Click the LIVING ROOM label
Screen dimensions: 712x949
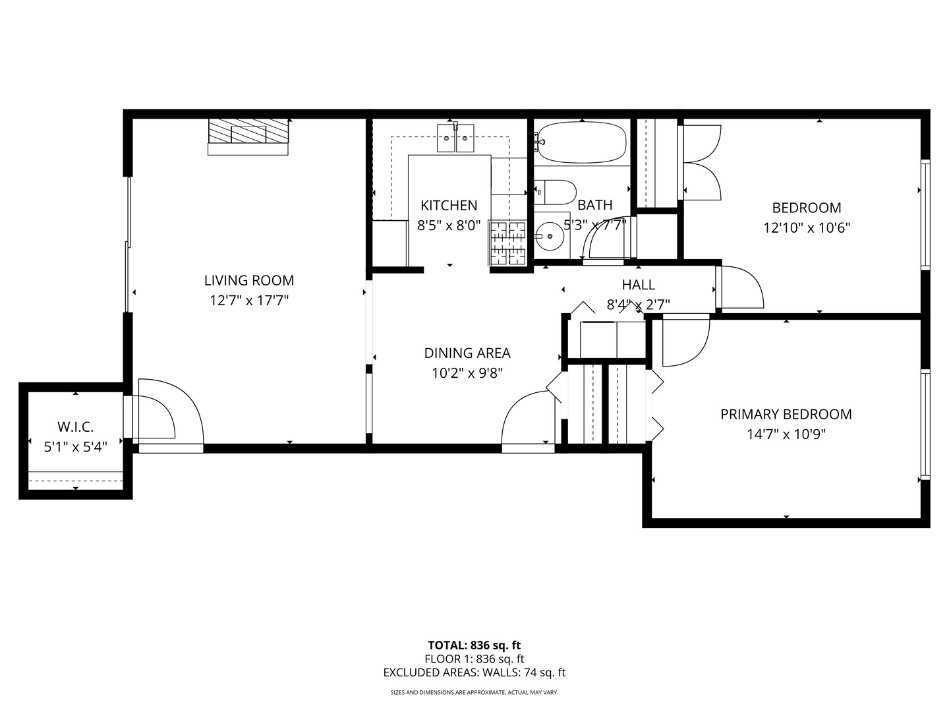(249, 280)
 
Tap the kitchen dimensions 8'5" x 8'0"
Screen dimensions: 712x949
(449, 225)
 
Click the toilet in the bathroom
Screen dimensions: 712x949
(555, 192)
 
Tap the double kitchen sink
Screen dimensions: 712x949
(456, 139)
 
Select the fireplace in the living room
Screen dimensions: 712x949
(248, 135)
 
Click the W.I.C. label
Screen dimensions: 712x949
(76, 427)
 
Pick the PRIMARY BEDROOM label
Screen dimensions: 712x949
(786, 414)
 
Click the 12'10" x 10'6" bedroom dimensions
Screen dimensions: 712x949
(807, 228)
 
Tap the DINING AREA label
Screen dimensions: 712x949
(467, 353)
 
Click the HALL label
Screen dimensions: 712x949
(638, 284)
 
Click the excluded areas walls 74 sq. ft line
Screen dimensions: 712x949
(474, 672)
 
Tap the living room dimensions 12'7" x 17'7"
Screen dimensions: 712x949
(249, 301)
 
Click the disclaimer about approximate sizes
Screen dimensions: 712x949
(474, 693)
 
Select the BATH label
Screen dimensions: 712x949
(594, 205)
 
